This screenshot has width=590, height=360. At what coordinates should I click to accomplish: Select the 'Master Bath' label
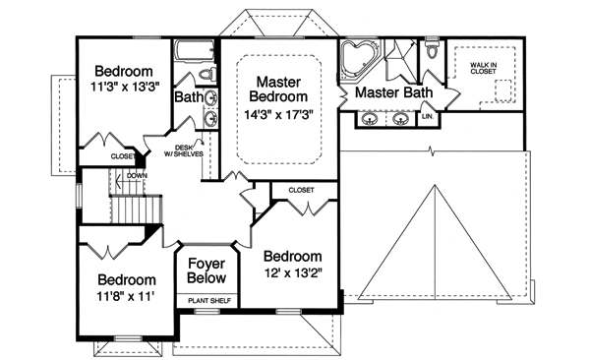click(x=393, y=92)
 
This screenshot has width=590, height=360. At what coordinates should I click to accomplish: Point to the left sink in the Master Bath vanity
click(x=370, y=120)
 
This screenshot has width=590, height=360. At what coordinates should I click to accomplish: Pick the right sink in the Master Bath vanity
click(x=401, y=120)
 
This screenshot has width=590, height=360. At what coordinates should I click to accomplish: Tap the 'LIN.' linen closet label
click(x=427, y=117)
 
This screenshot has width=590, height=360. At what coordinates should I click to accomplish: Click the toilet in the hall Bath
click(x=206, y=73)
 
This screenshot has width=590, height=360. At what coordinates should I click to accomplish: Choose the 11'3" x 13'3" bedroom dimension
click(x=123, y=89)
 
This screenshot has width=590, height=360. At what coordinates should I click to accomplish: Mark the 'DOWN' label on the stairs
click(x=136, y=176)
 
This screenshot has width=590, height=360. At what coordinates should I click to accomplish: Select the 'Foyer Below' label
click(x=206, y=271)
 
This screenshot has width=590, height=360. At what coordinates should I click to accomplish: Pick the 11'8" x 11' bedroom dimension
click(x=127, y=295)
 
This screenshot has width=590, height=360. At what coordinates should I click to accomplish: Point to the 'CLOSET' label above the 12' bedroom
click(x=301, y=189)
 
